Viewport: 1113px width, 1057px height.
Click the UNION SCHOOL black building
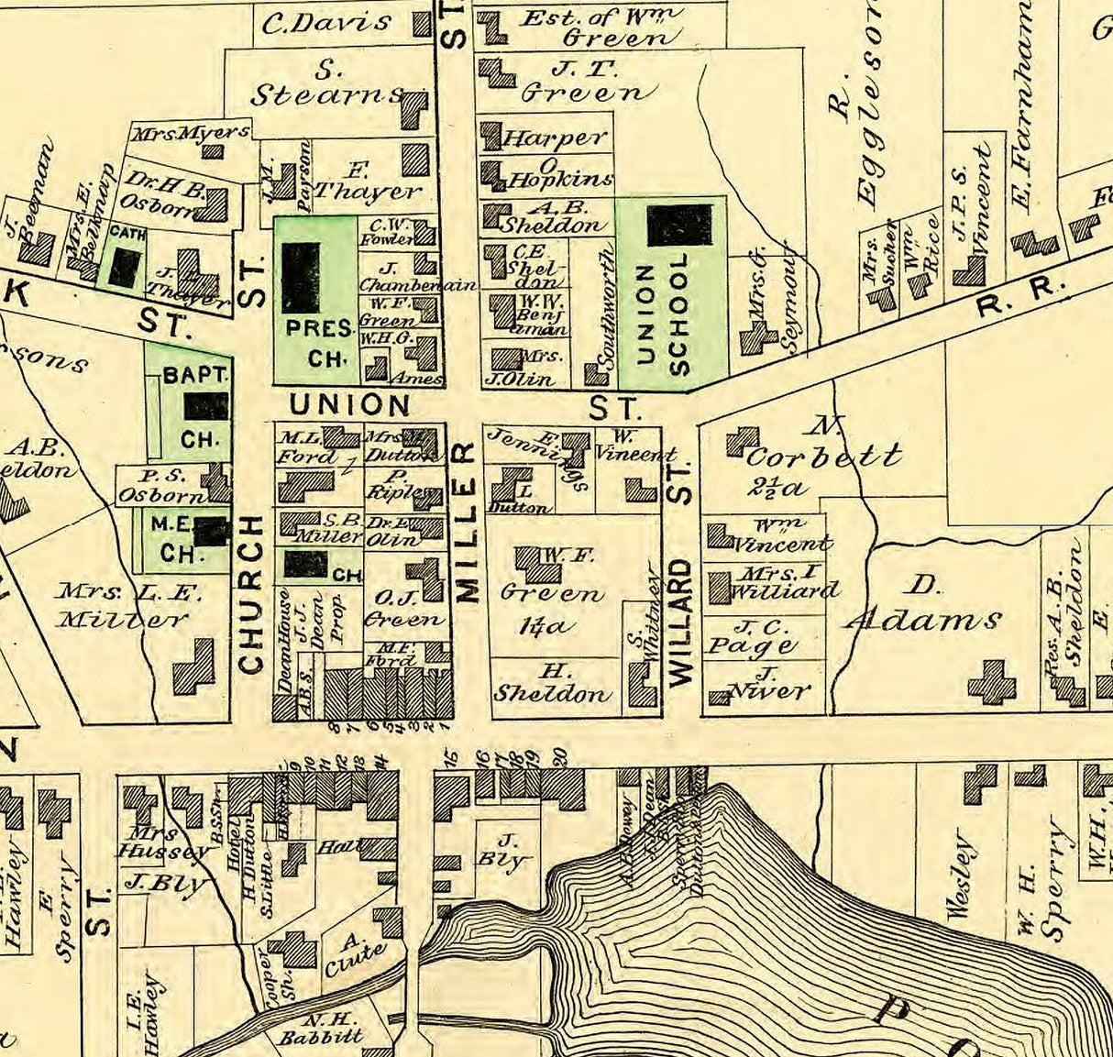pos(679,225)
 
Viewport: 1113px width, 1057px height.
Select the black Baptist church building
pos(205,405)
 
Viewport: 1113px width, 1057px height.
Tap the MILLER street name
pos(467,522)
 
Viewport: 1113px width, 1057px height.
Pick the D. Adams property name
pos(924,605)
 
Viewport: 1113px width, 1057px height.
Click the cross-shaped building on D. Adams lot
pos(992,682)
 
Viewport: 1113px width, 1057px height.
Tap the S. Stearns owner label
pos(326,83)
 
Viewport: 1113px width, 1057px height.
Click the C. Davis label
pos(326,22)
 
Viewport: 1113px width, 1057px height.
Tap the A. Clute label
pos(352,953)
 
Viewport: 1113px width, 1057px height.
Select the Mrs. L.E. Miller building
pos(193,666)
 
